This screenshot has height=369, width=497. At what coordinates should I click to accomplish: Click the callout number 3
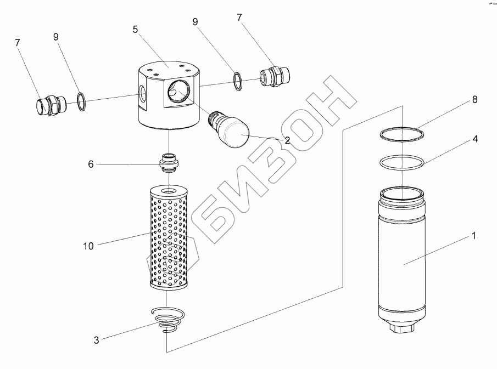(x=97, y=340)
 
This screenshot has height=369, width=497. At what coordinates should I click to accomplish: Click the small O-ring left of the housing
(x=80, y=101)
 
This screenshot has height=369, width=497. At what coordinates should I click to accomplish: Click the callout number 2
(x=286, y=140)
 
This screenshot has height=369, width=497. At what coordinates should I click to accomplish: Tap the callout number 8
(x=474, y=100)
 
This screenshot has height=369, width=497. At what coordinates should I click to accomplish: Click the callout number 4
(x=474, y=139)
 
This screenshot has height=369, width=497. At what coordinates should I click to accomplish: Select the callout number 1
(x=473, y=236)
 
